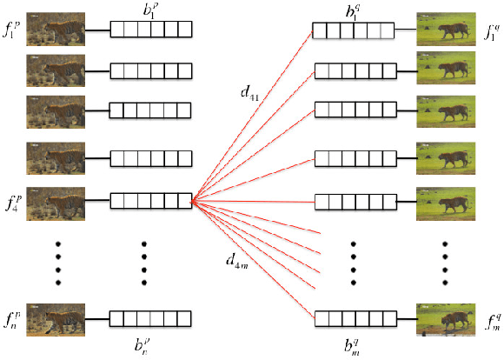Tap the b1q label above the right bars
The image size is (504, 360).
[x=352, y=11]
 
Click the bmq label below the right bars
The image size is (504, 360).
[x=352, y=343]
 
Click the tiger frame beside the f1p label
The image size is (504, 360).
[x=56, y=30]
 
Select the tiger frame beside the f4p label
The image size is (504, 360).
[x=56, y=201]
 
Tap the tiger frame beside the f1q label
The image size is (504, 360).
[x=446, y=30]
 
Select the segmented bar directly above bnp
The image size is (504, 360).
[x=150, y=317]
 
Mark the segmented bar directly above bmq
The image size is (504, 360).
[x=353, y=318]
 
